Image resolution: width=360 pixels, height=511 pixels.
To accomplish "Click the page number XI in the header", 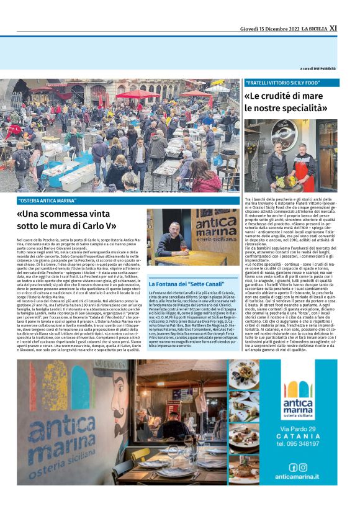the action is pos(333,28).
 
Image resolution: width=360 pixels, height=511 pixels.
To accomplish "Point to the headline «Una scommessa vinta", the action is pos(75,215).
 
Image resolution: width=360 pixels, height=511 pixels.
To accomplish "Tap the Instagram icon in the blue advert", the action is pos(303,467).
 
